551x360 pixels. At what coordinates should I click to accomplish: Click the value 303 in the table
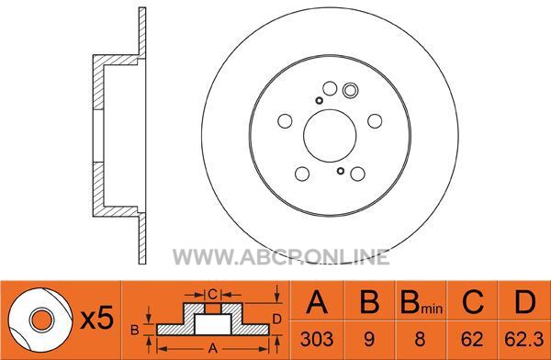(317, 339)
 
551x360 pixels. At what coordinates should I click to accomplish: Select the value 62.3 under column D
(523, 339)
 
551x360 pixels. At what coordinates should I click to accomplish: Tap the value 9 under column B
(368, 339)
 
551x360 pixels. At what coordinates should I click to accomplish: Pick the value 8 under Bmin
(420, 339)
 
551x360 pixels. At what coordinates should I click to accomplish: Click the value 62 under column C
(472, 339)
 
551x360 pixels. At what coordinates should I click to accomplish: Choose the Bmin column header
(421, 302)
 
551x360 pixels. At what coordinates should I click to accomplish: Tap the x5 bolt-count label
(97, 319)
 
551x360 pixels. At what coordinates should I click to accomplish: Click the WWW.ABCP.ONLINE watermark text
(281, 257)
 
